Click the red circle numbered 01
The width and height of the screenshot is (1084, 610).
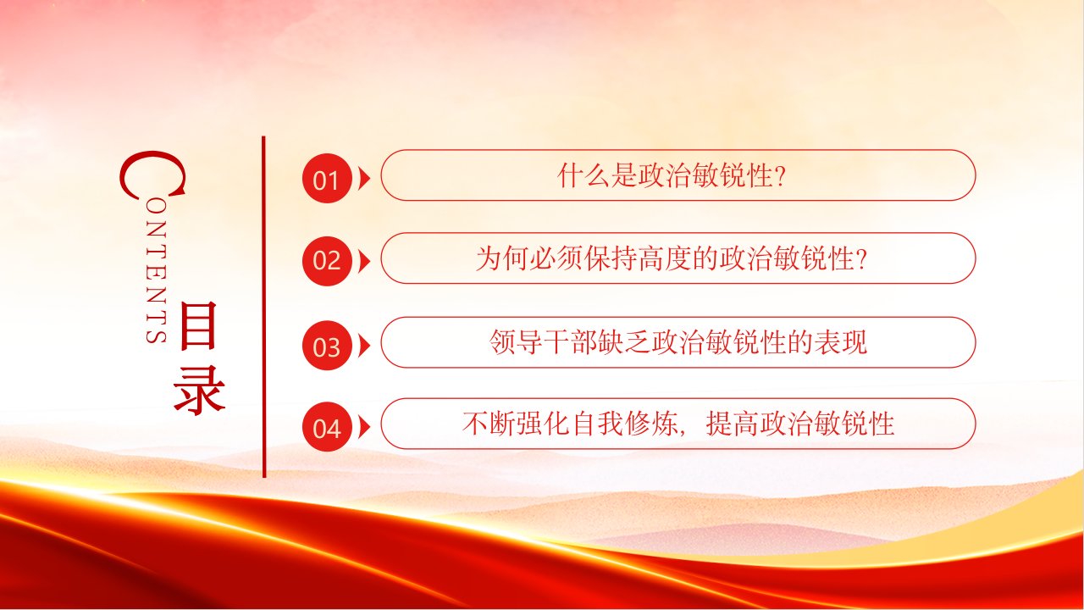point(327,178)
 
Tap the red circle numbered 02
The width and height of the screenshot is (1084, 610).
point(327,261)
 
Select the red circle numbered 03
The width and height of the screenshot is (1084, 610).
point(327,345)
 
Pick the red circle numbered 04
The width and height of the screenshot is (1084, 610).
point(327,426)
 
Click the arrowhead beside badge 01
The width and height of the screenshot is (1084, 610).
point(364,178)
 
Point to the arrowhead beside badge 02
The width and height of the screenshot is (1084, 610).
point(364,262)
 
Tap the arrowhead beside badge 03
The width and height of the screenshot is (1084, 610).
point(364,346)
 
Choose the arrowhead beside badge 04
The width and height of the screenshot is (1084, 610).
point(364,427)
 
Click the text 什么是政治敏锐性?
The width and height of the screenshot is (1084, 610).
point(671,175)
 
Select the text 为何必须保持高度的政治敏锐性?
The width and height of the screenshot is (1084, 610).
point(671,258)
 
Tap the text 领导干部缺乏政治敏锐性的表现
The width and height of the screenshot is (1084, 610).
point(677,342)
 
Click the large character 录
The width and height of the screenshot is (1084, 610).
point(199,391)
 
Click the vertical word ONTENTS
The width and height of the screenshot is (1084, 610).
point(157,272)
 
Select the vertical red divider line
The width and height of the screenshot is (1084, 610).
point(263,307)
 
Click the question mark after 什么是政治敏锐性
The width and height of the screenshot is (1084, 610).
point(779,175)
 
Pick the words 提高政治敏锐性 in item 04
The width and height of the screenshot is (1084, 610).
point(799,424)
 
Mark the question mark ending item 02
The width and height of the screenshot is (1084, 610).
point(860,259)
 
